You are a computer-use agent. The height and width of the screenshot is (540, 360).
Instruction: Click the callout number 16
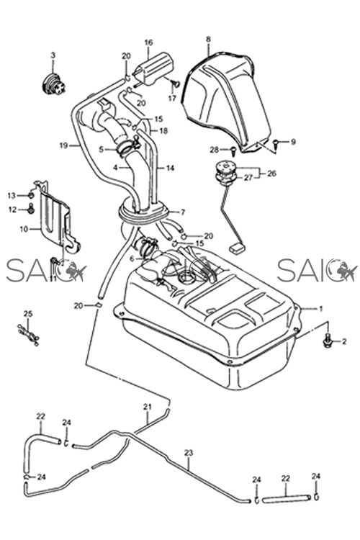[x=148, y=42]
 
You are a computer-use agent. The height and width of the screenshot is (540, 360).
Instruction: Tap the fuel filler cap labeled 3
[x=53, y=82]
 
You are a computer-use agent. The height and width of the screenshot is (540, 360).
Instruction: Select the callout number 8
[x=208, y=39]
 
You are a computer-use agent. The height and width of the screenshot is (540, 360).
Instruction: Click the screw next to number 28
[x=233, y=150]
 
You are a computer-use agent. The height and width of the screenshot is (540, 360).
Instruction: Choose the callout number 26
[x=271, y=174]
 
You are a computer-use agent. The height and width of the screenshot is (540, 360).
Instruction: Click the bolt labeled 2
[x=328, y=341]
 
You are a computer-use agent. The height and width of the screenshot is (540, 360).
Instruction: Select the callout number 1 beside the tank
[x=320, y=309]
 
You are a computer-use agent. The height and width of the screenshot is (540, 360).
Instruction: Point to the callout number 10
[x=24, y=229]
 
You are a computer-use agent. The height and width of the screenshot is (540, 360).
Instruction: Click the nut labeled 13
[x=31, y=196]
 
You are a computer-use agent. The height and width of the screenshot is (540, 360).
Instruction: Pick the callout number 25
[x=28, y=314]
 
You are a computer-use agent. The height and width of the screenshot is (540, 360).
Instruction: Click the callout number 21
[x=148, y=407]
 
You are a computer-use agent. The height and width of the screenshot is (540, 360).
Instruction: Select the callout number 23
[x=189, y=453]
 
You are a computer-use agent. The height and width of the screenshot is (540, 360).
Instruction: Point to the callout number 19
[x=63, y=145]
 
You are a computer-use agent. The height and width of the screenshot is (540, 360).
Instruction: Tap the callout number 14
[x=170, y=168]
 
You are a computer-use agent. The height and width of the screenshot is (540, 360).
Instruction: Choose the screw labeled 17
[x=176, y=83]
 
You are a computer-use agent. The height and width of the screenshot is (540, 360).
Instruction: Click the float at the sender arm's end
[x=236, y=248]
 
